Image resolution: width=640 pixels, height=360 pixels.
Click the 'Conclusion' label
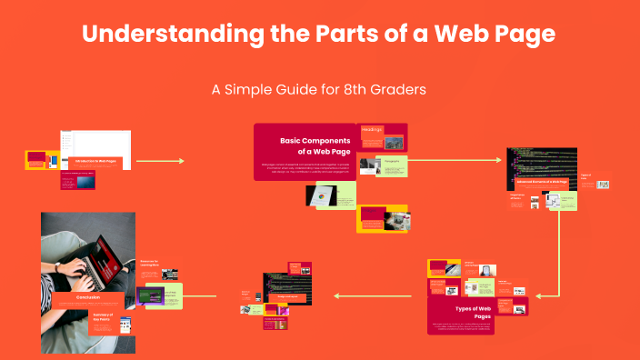click(x=87, y=296)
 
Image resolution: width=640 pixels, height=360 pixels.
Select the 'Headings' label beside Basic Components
click(x=372, y=130)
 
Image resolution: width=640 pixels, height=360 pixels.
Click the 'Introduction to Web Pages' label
click(x=95, y=161)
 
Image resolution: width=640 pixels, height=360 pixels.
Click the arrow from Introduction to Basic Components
click(x=159, y=161)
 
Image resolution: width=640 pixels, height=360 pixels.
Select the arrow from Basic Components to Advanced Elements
click(x=455, y=160)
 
